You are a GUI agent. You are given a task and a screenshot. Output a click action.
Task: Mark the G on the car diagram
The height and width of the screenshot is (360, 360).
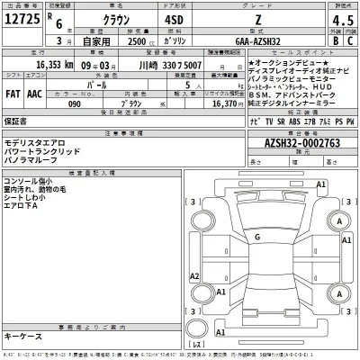256,237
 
